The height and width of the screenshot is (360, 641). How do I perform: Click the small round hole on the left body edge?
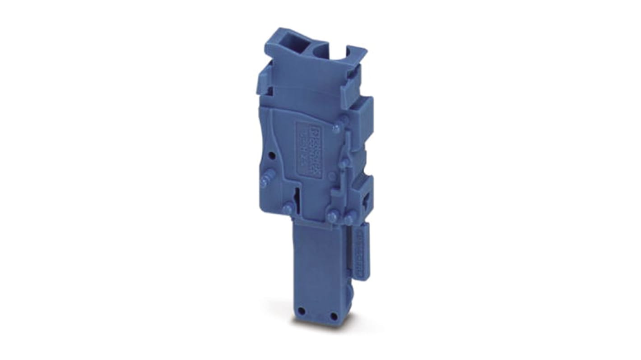(x=271, y=156)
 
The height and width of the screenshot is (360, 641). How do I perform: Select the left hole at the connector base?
(x=302, y=314)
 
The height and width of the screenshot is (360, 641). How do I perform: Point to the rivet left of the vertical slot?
(x=287, y=209)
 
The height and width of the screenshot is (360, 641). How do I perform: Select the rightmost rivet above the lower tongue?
(x=348, y=220)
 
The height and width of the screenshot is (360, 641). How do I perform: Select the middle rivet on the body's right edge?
(x=344, y=162)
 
